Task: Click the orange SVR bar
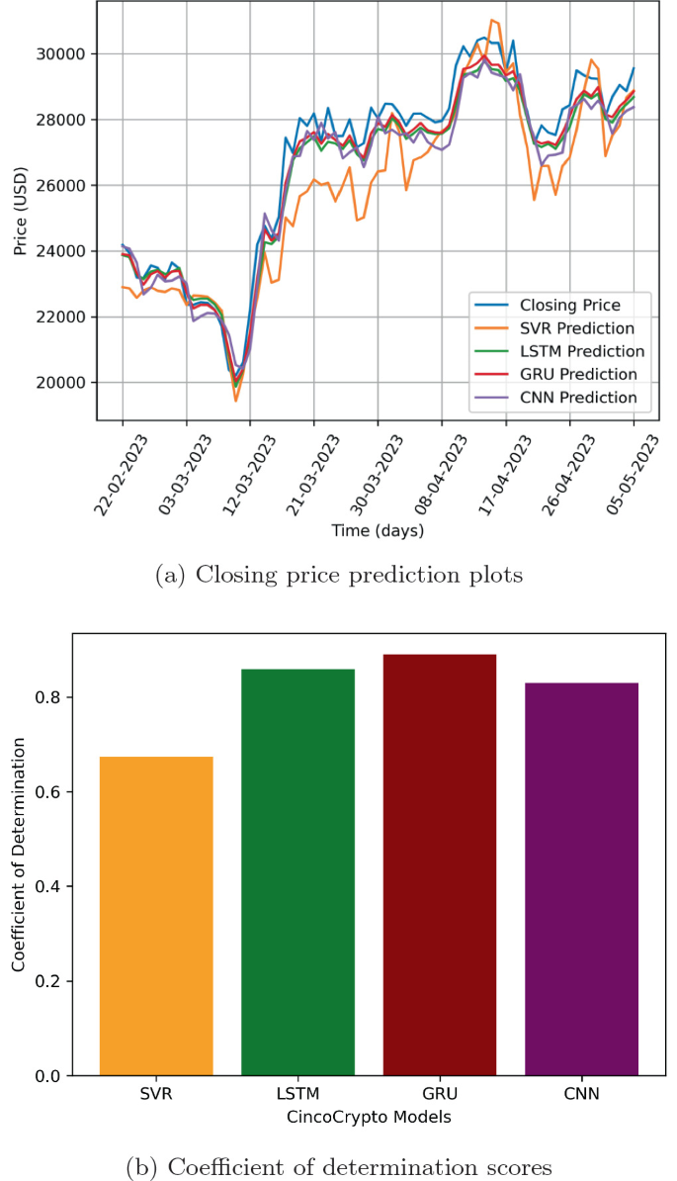pos(156,915)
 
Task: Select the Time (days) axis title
pos(378,531)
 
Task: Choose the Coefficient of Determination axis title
pos(19,856)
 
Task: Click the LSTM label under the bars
pos(297,1095)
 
